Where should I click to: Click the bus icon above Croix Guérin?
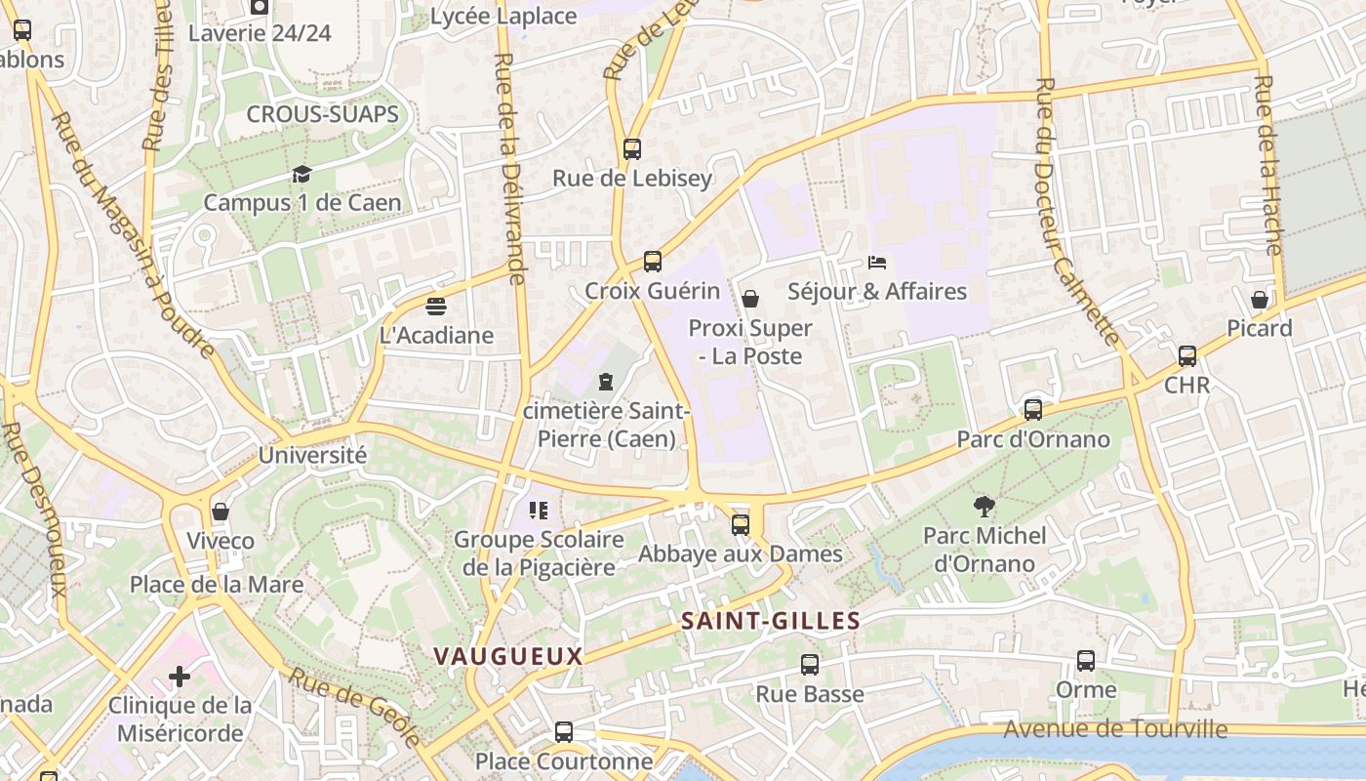coord(653,262)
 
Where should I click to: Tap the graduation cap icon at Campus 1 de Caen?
coord(301,174)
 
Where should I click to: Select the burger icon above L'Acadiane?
coord(436,307)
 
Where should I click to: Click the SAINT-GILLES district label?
coord(771,621)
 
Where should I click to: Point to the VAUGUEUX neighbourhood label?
coord(508,656)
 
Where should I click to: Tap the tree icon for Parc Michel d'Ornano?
coord(984,506)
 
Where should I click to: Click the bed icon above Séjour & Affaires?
coord(877,263)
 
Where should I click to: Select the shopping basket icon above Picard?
coord(1260,299)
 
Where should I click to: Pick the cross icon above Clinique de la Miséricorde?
coord(180,676)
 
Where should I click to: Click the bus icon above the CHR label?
coord(1187,356)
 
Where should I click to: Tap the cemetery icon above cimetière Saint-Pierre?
coord(606,381)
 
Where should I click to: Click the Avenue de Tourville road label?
coord(1115,729)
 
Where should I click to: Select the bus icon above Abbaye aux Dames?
coord(741,525)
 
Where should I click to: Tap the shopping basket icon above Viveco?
coord(221,512)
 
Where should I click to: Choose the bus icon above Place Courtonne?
coord(564,732)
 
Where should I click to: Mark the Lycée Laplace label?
coord(503,17)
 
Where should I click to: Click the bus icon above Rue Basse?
coord(810,665)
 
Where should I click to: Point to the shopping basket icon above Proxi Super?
coord(750,299)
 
